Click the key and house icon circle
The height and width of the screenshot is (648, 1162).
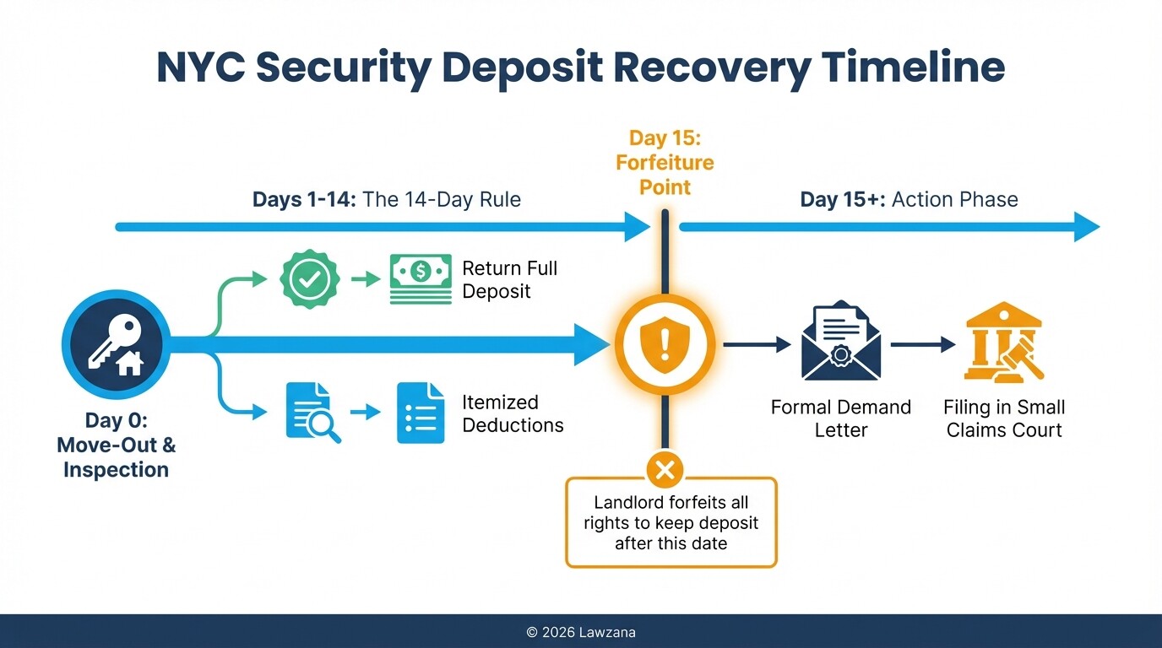click(116, 344)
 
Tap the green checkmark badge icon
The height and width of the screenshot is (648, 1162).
click(309, 278)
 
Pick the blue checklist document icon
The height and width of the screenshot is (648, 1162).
click(420, 413)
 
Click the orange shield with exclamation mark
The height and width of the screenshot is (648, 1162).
click(665, 344)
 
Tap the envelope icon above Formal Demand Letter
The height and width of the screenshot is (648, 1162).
click(840, 343)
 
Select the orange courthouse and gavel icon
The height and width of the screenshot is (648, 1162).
click(1004, 343)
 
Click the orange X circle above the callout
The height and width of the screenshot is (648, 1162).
click(665, 470)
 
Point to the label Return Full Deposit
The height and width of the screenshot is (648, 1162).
click(509, 280)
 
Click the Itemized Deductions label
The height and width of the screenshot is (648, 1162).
click(512, 413)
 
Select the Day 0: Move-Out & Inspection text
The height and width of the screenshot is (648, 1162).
click(116, 445)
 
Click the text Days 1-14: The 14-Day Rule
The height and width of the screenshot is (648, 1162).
click(386, 200)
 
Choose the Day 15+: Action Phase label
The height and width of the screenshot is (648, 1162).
click(909, 200)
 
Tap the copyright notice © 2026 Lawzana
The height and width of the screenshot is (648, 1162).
click(580, 631)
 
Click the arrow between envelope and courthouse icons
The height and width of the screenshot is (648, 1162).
click(922, 344)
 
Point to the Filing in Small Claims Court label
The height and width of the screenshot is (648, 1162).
click(1004, 418)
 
